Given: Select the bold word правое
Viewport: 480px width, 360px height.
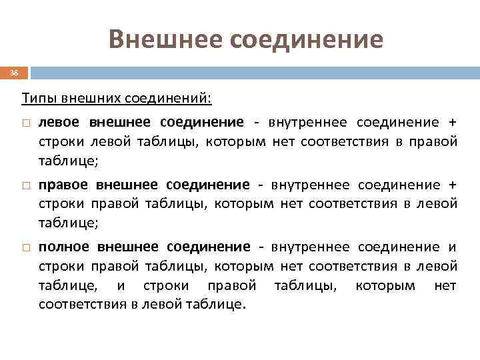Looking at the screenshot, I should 65,185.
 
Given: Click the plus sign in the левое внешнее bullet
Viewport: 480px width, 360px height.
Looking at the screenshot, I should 453,122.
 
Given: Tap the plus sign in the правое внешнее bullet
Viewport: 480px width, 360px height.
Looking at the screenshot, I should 453,185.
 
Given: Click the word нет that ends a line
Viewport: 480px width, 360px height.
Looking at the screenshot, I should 445,286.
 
